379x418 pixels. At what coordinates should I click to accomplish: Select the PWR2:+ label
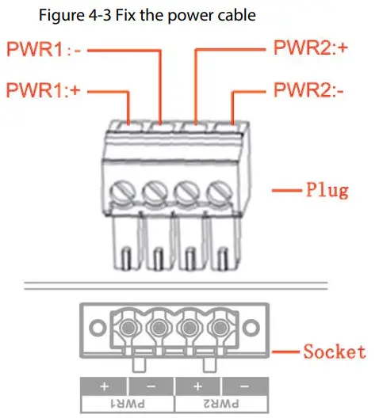312,50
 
